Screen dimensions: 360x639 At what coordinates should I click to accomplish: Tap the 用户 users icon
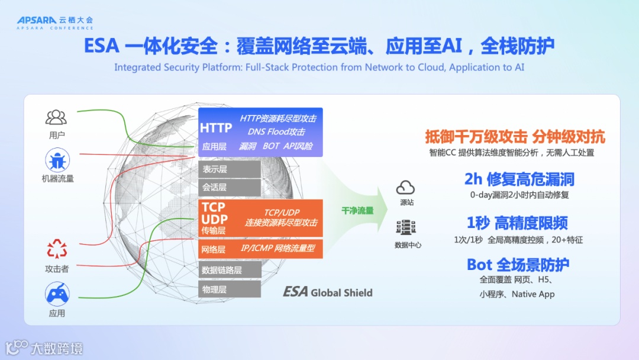(x=57, y=117)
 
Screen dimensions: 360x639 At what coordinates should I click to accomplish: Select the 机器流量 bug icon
(x=57, y=160)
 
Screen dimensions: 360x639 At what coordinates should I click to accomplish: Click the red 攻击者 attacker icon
(x=57, y=249)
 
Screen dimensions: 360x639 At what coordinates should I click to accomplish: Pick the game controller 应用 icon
(x=57, y=294)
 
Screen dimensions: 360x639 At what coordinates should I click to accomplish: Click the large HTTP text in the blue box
(x=216, y=128)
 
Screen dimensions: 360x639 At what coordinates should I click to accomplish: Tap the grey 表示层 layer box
(x=229, y=169)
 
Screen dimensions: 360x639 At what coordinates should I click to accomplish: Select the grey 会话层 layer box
(x=229, y=187)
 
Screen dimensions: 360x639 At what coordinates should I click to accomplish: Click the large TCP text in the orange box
(x=214, y=207)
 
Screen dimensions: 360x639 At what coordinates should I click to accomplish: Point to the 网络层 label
(x=214, y=249)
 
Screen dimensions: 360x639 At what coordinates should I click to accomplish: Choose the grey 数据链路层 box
(x=229, y=270)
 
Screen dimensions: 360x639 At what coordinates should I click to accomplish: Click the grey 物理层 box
(x=229, y=289)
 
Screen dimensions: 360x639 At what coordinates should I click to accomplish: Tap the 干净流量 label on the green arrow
(x=357, y=210)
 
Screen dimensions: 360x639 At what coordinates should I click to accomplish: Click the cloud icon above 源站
(x=406, y=188)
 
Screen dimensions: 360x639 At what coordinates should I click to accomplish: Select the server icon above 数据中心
(x=407, y=228)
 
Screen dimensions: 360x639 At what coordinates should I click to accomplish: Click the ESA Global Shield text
(x=328, y=292)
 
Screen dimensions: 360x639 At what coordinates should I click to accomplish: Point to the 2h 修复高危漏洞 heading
(x=519, y=179)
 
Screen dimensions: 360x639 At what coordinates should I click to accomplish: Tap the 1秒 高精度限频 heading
(x=517, y=223)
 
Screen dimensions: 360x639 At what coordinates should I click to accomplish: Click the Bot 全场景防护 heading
(x=518, y=264)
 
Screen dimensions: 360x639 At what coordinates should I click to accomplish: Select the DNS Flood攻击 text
(x=276, y=131)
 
